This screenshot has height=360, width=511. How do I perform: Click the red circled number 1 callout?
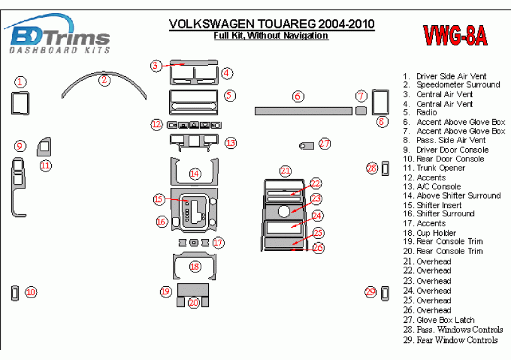[x=21, y=82]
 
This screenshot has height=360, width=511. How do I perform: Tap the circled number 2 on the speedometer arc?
[x=105, y=79]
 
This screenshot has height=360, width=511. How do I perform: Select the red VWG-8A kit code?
[x=454, y=36]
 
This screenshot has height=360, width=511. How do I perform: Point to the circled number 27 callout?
[x=324, y=144]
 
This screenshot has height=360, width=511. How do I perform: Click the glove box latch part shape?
[x=306, y=146]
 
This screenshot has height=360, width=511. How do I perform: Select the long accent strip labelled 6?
[x=303, y=111]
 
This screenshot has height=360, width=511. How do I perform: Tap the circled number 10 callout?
[x=31, y=292]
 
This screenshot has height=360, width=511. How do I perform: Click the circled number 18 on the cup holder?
[x=195, y=267]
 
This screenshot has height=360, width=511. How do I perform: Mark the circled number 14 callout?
[x=195, y=173]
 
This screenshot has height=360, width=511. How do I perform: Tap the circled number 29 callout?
[x=371, y=292]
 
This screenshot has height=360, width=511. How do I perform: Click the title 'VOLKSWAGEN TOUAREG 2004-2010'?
[x=271, y=25]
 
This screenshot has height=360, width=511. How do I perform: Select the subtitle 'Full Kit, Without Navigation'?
[x=271, y=37]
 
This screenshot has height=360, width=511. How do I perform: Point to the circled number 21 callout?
[x=286, y=171]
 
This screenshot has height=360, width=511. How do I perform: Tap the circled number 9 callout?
[x=20, y=146]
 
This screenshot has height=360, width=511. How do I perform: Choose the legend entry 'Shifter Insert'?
[x=439, y=205]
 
